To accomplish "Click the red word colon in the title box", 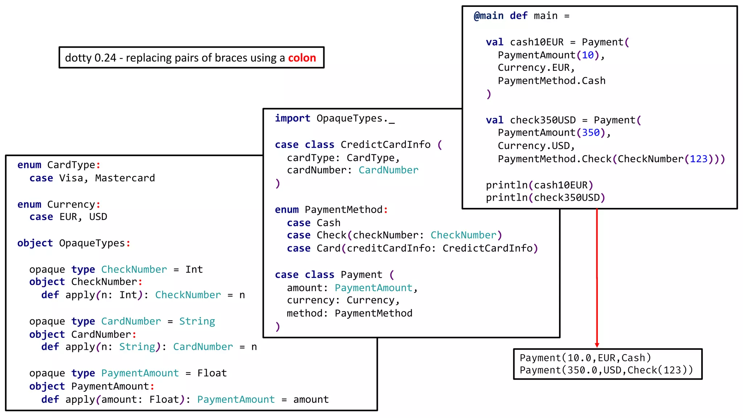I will (x=302, y=58).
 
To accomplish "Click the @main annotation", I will (x=488, y=16).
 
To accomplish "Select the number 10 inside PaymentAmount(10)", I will (x=588, y=55).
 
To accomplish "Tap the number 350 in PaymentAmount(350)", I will (x=591, y=133).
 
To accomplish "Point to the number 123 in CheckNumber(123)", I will (x=698, y=159).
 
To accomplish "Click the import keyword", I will (x=292, y=118).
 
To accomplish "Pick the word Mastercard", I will (x=125, y=178).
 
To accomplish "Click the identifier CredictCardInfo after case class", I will (x=385, y=145).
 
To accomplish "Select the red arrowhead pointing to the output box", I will (x=597, y=345).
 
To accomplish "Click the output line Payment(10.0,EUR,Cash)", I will (x=585, y=358).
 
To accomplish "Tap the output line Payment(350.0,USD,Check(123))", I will (x=606, y=370).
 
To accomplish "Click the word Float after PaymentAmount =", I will (x=212, y=373).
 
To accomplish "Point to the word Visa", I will (x=71, y=178).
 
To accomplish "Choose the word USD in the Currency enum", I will (x=98, y=217).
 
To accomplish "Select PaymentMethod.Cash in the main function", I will (x=551, y=81).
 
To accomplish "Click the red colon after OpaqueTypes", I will (x=128, y=243).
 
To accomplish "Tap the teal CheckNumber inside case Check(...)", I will (x=463, y=235).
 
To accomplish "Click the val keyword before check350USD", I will (x=494, y=120).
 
